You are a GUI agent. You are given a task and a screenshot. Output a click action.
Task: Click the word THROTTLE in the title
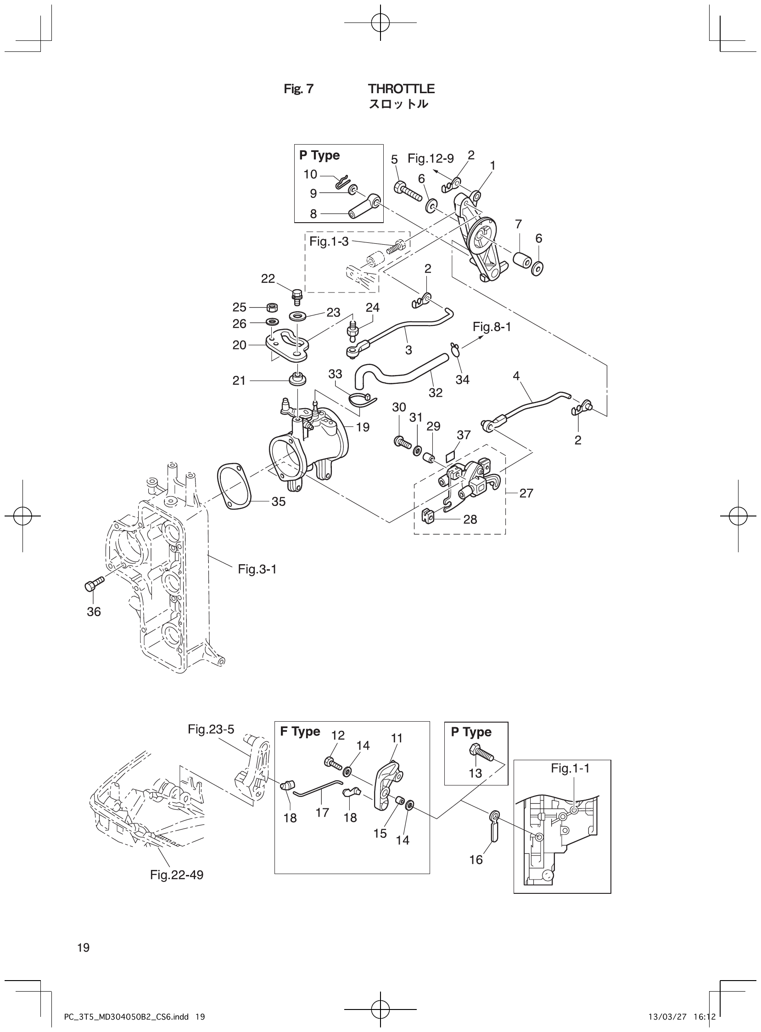pos(401,89)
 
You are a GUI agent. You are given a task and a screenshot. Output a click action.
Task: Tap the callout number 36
pos(94,611)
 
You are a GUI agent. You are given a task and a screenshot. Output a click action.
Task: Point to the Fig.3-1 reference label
pos(257,569)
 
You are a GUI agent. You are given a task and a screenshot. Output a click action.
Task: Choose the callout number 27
pos(526,493)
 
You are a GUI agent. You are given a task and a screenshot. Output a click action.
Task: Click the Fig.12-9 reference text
pos(430,159)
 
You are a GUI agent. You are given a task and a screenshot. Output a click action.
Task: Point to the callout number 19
pos(363,427)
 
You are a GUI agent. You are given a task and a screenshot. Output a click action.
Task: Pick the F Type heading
pos(300,732)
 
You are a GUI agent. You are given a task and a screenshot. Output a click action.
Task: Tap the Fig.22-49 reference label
pos(176,875)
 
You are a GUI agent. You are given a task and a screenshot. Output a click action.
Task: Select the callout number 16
pos(476,859)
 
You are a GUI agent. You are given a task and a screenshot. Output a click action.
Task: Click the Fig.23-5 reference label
pos(211,729)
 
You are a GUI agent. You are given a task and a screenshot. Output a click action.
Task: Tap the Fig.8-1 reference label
pos(492,327)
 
